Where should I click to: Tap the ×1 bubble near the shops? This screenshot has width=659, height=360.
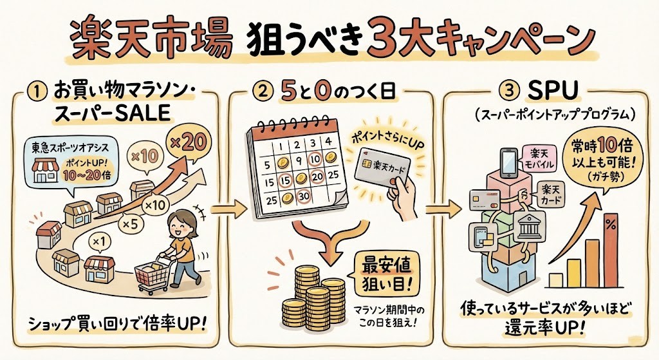pyautogui.click(x=98, y=242)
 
